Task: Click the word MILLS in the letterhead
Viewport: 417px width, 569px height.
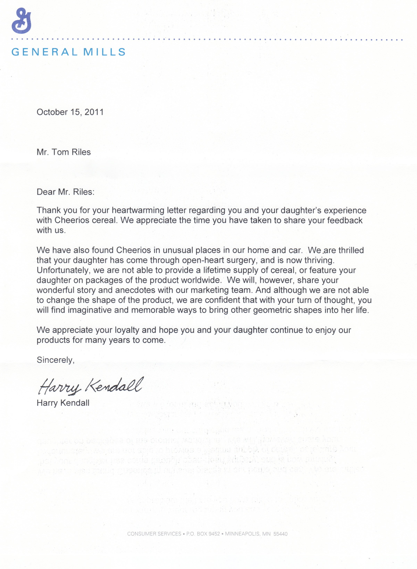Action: pyautogui.click(x=105, y=52)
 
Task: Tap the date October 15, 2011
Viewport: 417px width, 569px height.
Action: pyautogui.click(x=70, y=112)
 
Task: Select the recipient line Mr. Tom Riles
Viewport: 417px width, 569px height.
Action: pyautogui.click(x=64, y=152)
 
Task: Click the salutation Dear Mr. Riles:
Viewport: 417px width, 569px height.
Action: pyautogui.click(x=65, y=192)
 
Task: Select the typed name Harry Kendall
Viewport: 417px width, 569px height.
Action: pyautogui.click(x=63, y=403)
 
